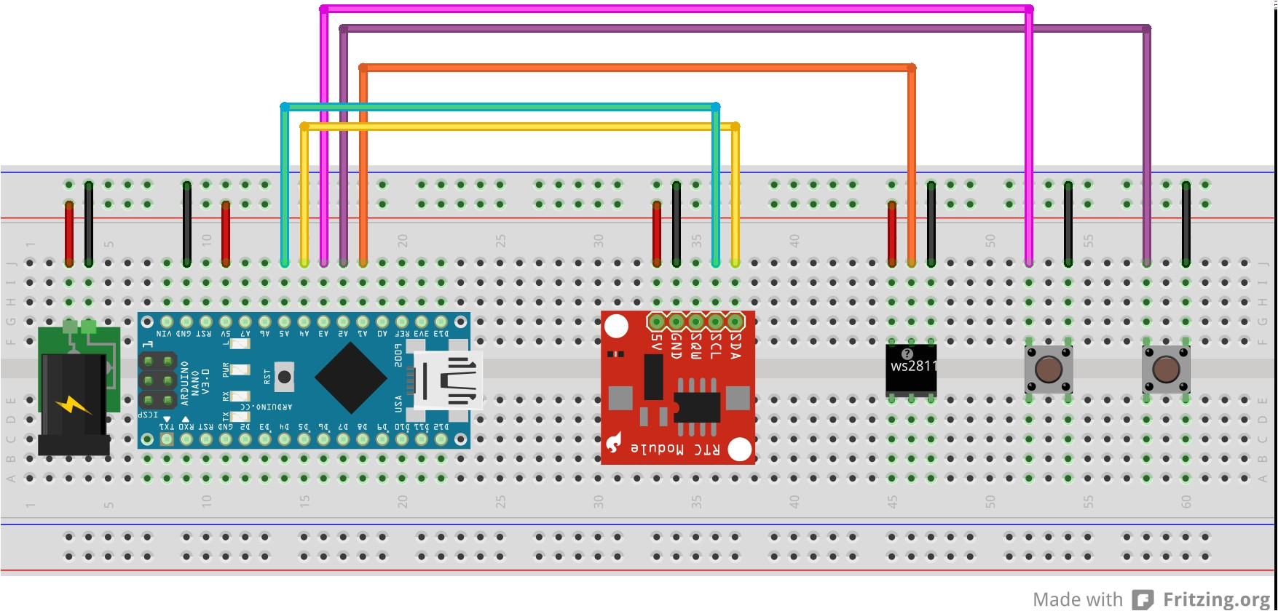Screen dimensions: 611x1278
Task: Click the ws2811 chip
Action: tap(911, 370)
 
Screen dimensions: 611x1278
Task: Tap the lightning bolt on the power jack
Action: tap(72, 404)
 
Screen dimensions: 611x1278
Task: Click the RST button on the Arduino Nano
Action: tap(284, 376)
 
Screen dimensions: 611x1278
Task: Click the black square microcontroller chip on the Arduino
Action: tap(351, 377)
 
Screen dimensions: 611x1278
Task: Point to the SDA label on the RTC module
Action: tap(735, 346)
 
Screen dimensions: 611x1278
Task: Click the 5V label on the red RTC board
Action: tap(657, 342)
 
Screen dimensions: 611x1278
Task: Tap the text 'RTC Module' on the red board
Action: tap(675, 449)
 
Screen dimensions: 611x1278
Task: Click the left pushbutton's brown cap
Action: tap(1048, 370)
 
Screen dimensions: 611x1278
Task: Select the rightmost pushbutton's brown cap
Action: tap(1165, 370)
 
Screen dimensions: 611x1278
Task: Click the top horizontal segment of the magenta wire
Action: tap(677, 9)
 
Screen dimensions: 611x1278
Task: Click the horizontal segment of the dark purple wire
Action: tap(743, 29)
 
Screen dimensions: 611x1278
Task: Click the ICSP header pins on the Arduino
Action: tap(158, 380)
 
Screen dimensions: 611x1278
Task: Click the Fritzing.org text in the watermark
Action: tap(1216, 599)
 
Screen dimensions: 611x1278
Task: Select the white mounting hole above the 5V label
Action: tap(617, 326)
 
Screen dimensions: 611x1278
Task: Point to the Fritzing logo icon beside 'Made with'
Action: tap(1143, 599)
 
